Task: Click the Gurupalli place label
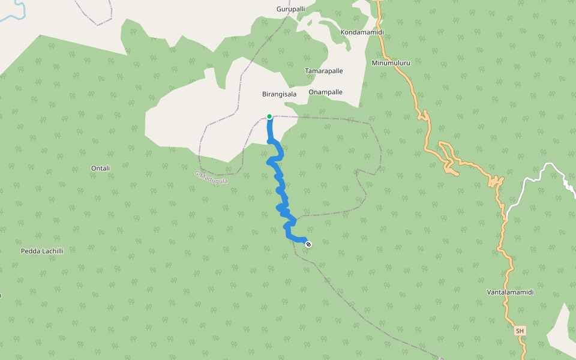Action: tap(291, 9)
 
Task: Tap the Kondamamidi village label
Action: tap(362, 32)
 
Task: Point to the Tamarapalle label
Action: tap(324, 71)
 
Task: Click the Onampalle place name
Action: tap(325, 92)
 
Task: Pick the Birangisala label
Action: tap(280, 94)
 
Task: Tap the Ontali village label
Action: tap(100, 168)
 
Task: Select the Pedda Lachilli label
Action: tap(42, 251)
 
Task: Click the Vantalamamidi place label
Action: tap(510, 292)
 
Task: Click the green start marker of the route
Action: tap(269, 116)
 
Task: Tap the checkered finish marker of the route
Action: tap(308, 244)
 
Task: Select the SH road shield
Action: tap(520, 331)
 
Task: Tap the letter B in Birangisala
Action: tap(265, 94)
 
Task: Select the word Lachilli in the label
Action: tap(52, 251)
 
